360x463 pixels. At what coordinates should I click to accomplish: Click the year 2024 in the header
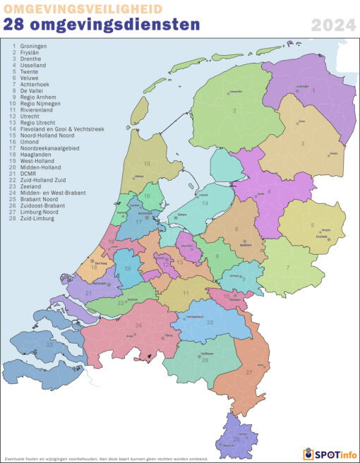[332, 27]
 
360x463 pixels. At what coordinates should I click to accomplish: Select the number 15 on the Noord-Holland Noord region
[147, 163]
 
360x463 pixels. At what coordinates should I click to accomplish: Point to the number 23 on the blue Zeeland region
[49, 345]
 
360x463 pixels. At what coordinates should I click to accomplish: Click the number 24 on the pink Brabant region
[138, 325]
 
